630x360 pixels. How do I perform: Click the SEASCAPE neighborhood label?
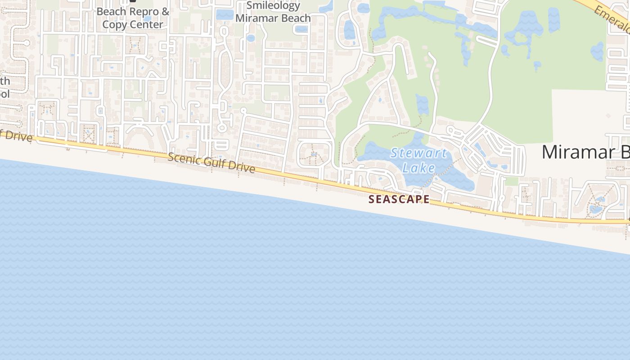click(x=399, y=199)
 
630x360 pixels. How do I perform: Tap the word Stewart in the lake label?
click(x=418, y=153)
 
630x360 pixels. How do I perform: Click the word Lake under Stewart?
click(x=418, y=168)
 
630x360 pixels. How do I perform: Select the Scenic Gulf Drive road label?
click(x=211, y=163)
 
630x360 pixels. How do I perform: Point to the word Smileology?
click(x=273, y=6)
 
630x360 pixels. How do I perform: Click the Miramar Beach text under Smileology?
click(x=273, y=18)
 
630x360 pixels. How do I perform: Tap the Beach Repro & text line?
click(x=133, y=12)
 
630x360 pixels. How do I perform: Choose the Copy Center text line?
click(x=133, y=24)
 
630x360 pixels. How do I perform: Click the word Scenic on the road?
click(x=182, y=159)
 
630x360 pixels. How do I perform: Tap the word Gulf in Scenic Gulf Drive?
click(x=211, y=163)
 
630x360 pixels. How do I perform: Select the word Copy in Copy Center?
click(x=114, y=24)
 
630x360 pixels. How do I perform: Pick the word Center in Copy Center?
click(x=147, y=24)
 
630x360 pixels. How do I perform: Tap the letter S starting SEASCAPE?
click(x=371, y=199)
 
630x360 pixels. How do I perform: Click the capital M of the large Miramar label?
click(x=550, y=152)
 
